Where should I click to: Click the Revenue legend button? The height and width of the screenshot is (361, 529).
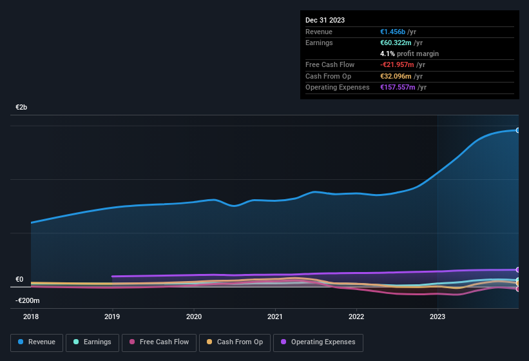coord(37,342)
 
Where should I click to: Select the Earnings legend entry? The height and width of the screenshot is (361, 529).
coord(91,342)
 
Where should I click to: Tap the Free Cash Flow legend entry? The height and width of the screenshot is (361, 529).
coord(159,342)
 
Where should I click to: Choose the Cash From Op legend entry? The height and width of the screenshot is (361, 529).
coord(235,342)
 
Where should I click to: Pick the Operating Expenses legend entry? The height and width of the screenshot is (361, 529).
coord(318,342)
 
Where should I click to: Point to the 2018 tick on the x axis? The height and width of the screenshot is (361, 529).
coord(31,317)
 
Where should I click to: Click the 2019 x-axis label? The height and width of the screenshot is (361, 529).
coord(112,317)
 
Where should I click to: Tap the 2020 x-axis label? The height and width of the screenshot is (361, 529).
coord(194,317)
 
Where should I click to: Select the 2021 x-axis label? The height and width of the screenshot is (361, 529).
coord(275,317)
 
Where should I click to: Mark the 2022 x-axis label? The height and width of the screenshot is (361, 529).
coord(356,317)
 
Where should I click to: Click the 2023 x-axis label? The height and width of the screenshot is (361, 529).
coord(438,317)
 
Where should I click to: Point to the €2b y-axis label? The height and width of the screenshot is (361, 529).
coord(22,107)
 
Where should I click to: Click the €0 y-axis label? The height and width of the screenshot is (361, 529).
coord(19,280)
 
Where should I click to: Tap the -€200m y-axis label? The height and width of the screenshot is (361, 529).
coord(28,301)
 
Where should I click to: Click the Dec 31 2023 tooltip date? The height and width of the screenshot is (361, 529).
coord(325,20)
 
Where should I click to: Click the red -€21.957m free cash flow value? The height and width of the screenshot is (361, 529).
coord(398,65)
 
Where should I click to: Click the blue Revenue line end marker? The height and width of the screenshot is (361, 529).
coord(518,130)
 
